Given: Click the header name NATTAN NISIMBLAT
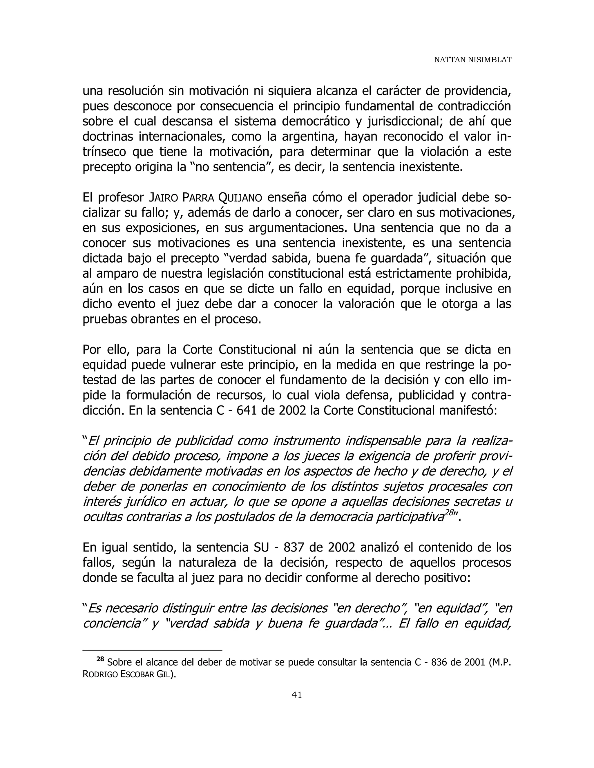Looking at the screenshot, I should pyautogui.click(x=472, y=60).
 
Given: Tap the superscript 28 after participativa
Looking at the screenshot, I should pyautogui.click(x=449, y=513).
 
